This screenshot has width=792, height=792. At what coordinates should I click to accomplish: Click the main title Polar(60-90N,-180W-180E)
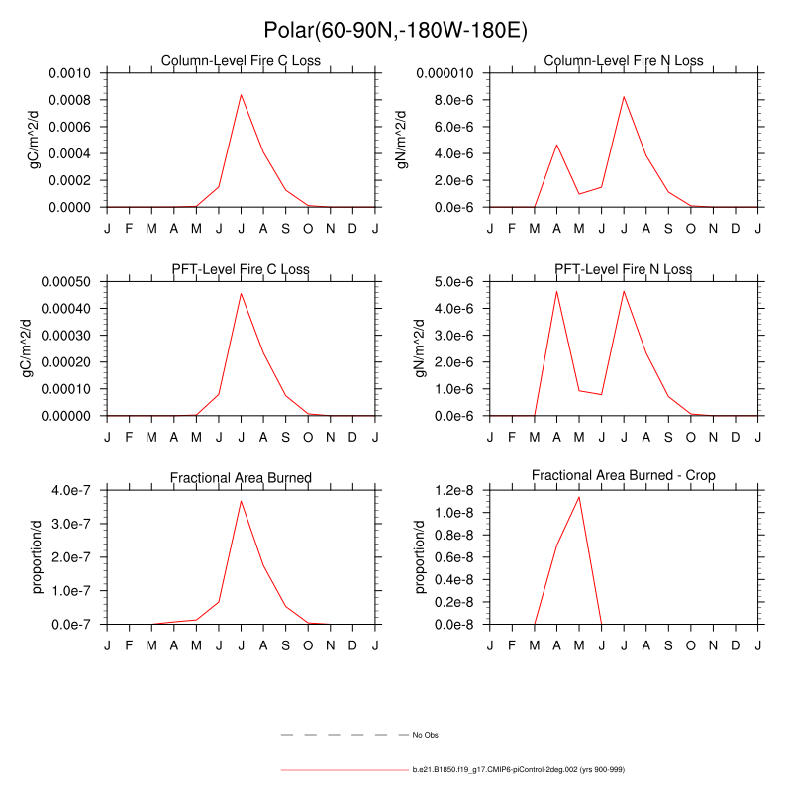395,31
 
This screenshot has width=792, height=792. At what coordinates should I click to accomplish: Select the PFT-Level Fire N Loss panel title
624,269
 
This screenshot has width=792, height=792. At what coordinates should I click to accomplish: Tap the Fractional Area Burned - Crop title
624,476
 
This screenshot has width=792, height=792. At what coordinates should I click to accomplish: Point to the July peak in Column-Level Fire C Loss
241,95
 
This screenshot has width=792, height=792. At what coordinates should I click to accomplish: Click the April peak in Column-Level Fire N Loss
556,145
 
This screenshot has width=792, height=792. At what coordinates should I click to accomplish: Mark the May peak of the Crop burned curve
579,497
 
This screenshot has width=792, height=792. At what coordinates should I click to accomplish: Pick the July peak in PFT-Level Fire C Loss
241,293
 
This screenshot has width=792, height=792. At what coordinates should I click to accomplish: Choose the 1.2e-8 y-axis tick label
459,490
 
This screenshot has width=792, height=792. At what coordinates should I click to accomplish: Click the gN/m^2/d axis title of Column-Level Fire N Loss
403,140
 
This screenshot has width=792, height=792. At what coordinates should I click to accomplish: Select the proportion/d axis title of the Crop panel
421,556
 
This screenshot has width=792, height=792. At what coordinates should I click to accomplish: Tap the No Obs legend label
425,736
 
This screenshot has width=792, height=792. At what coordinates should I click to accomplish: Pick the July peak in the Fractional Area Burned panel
241,501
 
